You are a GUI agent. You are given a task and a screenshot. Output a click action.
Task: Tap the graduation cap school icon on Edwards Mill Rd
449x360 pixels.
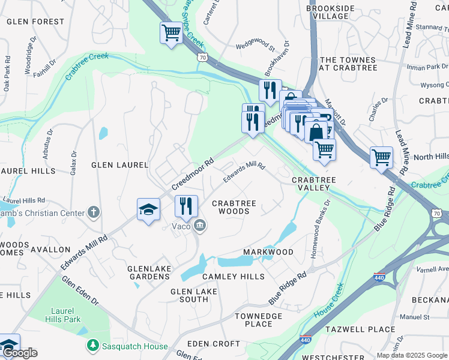pyautogui.click(x=148, y=210)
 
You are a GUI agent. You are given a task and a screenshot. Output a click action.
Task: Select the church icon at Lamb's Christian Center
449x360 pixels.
pyautogui.click(x=93, y=212)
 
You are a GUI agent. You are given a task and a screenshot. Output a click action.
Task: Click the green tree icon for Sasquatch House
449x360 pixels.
pyautogui.click(x=92, y=345)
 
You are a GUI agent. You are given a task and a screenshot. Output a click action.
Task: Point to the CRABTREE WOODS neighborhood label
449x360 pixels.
pyautogui.click(x=234, y=207)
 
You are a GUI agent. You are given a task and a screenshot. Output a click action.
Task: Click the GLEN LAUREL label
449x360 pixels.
pyautogui.click(x=119, y=164)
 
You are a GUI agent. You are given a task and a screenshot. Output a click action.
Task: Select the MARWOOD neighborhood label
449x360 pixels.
pyautogui.click(x=268, y=252)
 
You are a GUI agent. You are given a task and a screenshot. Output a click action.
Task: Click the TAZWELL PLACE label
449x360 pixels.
pyautogui.click(x=360, y=329)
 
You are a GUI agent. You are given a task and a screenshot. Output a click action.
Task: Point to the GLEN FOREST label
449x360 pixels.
pyautogui.click(x=35, y=22)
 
